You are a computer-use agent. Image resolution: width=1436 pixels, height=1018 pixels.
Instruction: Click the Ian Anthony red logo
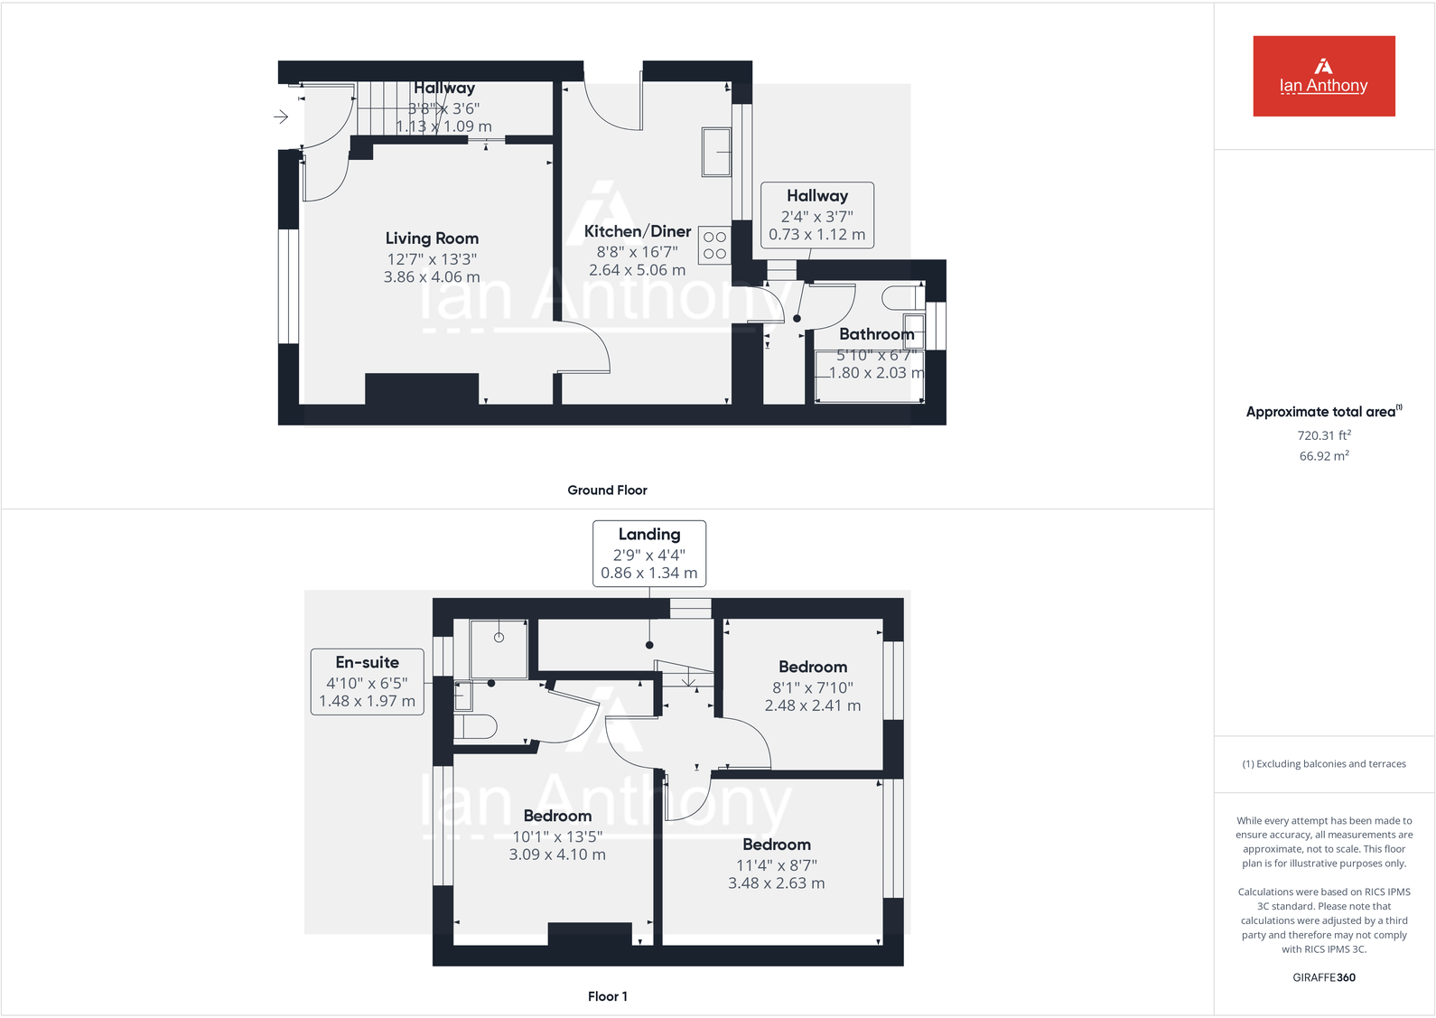coord(1323,76)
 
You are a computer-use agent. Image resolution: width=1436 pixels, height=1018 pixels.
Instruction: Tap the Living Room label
coord(432,238)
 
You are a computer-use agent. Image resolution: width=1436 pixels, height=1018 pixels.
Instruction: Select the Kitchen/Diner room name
coord(637,231)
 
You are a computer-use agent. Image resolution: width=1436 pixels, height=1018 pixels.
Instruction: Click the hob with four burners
coord(714,246)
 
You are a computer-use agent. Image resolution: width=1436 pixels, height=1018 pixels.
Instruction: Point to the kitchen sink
coord(716,152)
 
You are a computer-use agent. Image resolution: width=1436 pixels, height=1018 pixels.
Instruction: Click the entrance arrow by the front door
coord(281,117)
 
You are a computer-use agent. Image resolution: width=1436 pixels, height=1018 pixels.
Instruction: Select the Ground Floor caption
coord(607,490)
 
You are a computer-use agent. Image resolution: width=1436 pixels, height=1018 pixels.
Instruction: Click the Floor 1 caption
coord(607,996)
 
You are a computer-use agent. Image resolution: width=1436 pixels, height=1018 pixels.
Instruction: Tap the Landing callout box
coord(648,554)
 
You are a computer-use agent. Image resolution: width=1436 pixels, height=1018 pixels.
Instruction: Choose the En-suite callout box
coord(368,682)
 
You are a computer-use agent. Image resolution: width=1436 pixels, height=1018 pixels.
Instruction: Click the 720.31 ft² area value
coord(1323,435)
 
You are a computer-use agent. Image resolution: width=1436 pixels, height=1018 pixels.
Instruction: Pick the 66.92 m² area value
coord(1323,456)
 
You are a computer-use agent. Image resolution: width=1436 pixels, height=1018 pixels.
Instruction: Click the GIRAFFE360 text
coord(1323,977)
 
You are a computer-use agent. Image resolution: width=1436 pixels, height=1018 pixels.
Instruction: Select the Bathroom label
coord(876,334)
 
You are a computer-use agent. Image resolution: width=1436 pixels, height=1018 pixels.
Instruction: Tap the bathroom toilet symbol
coord(900,297)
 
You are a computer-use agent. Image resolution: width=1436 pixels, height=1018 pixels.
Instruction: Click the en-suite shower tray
coord(499,649)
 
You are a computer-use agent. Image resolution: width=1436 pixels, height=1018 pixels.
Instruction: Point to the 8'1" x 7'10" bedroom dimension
coord(812,687)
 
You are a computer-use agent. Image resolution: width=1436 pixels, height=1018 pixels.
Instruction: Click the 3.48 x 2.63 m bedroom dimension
coord(776,883)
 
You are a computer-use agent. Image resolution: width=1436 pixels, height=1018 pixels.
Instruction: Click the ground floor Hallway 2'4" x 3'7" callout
coord(816,216)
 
